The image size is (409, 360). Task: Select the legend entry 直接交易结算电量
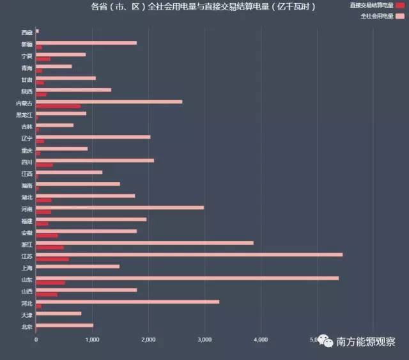click(371, 5)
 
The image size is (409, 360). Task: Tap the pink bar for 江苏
click(189, 254)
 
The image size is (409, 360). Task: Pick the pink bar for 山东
click(187, 278)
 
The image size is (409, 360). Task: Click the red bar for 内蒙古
click(59, 106)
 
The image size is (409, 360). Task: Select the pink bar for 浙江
click(144, 243)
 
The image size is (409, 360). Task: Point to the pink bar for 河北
click(128, 301)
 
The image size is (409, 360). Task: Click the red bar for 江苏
click(52, 259)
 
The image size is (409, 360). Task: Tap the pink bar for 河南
click(120, 207)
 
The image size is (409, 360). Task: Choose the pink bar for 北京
click(65, 325)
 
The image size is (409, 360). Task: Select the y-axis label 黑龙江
click(24, 114)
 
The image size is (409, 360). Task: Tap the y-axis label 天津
click(26, 315)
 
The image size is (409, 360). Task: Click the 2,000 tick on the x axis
click(148, 339)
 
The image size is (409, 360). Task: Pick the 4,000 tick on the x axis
click(261, 339)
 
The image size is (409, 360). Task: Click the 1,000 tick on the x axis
click(92, 339)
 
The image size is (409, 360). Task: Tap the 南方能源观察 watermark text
click(366, 342)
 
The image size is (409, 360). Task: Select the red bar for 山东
click(50, 283)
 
